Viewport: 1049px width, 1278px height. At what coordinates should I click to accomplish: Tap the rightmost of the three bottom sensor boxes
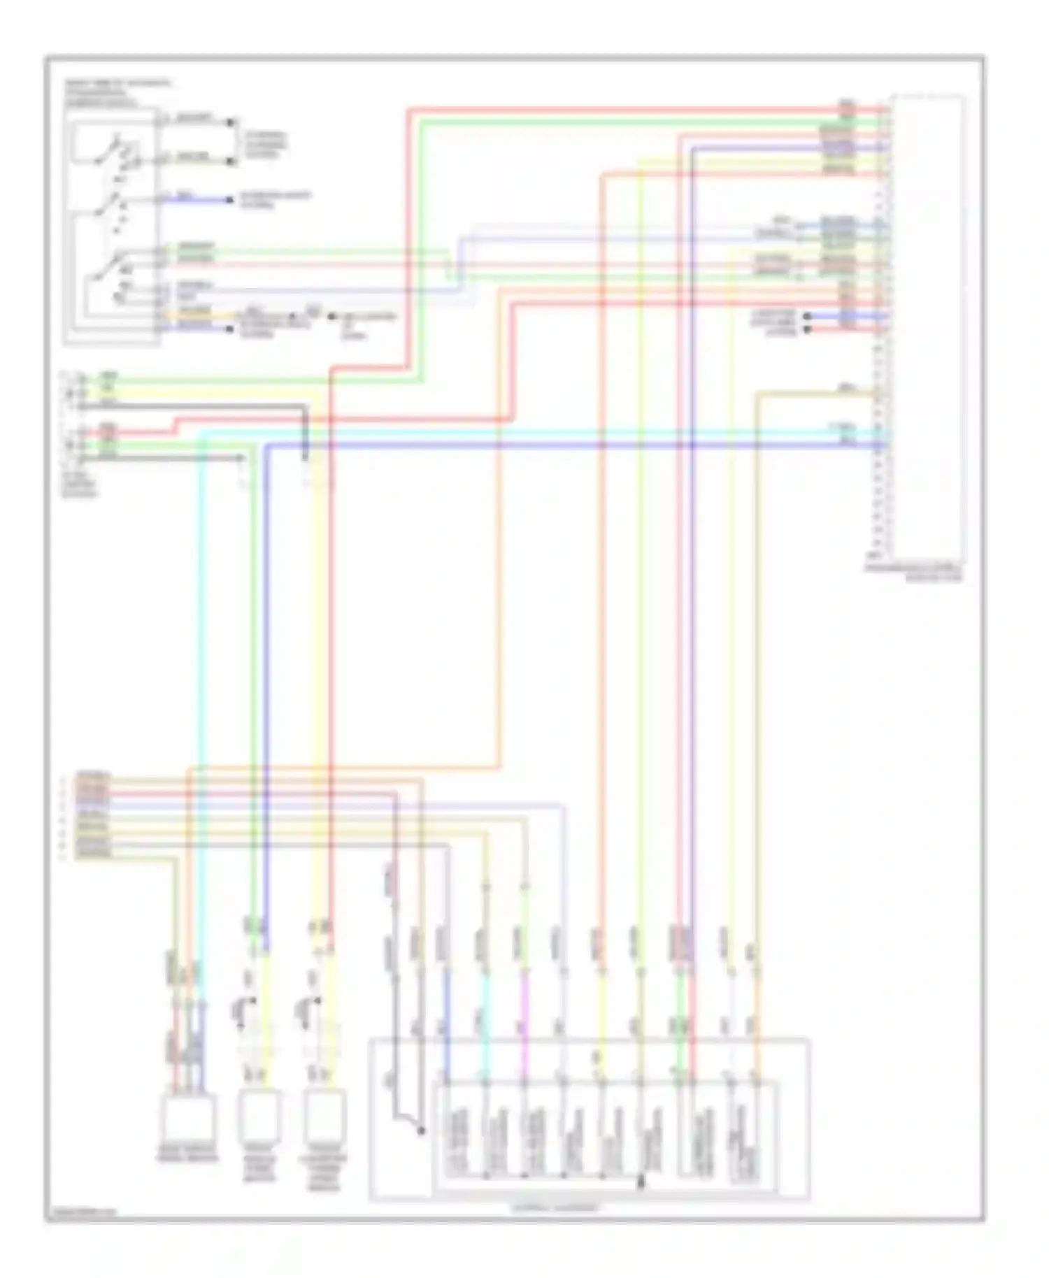click(x=325, y=1113)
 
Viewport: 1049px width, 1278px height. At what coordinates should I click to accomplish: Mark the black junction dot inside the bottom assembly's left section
click(x=421, y=1130)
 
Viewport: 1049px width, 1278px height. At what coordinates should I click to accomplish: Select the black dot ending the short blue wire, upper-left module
click(x=231, y=200)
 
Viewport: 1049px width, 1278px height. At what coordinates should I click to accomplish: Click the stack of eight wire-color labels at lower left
click(x=93, y=815)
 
